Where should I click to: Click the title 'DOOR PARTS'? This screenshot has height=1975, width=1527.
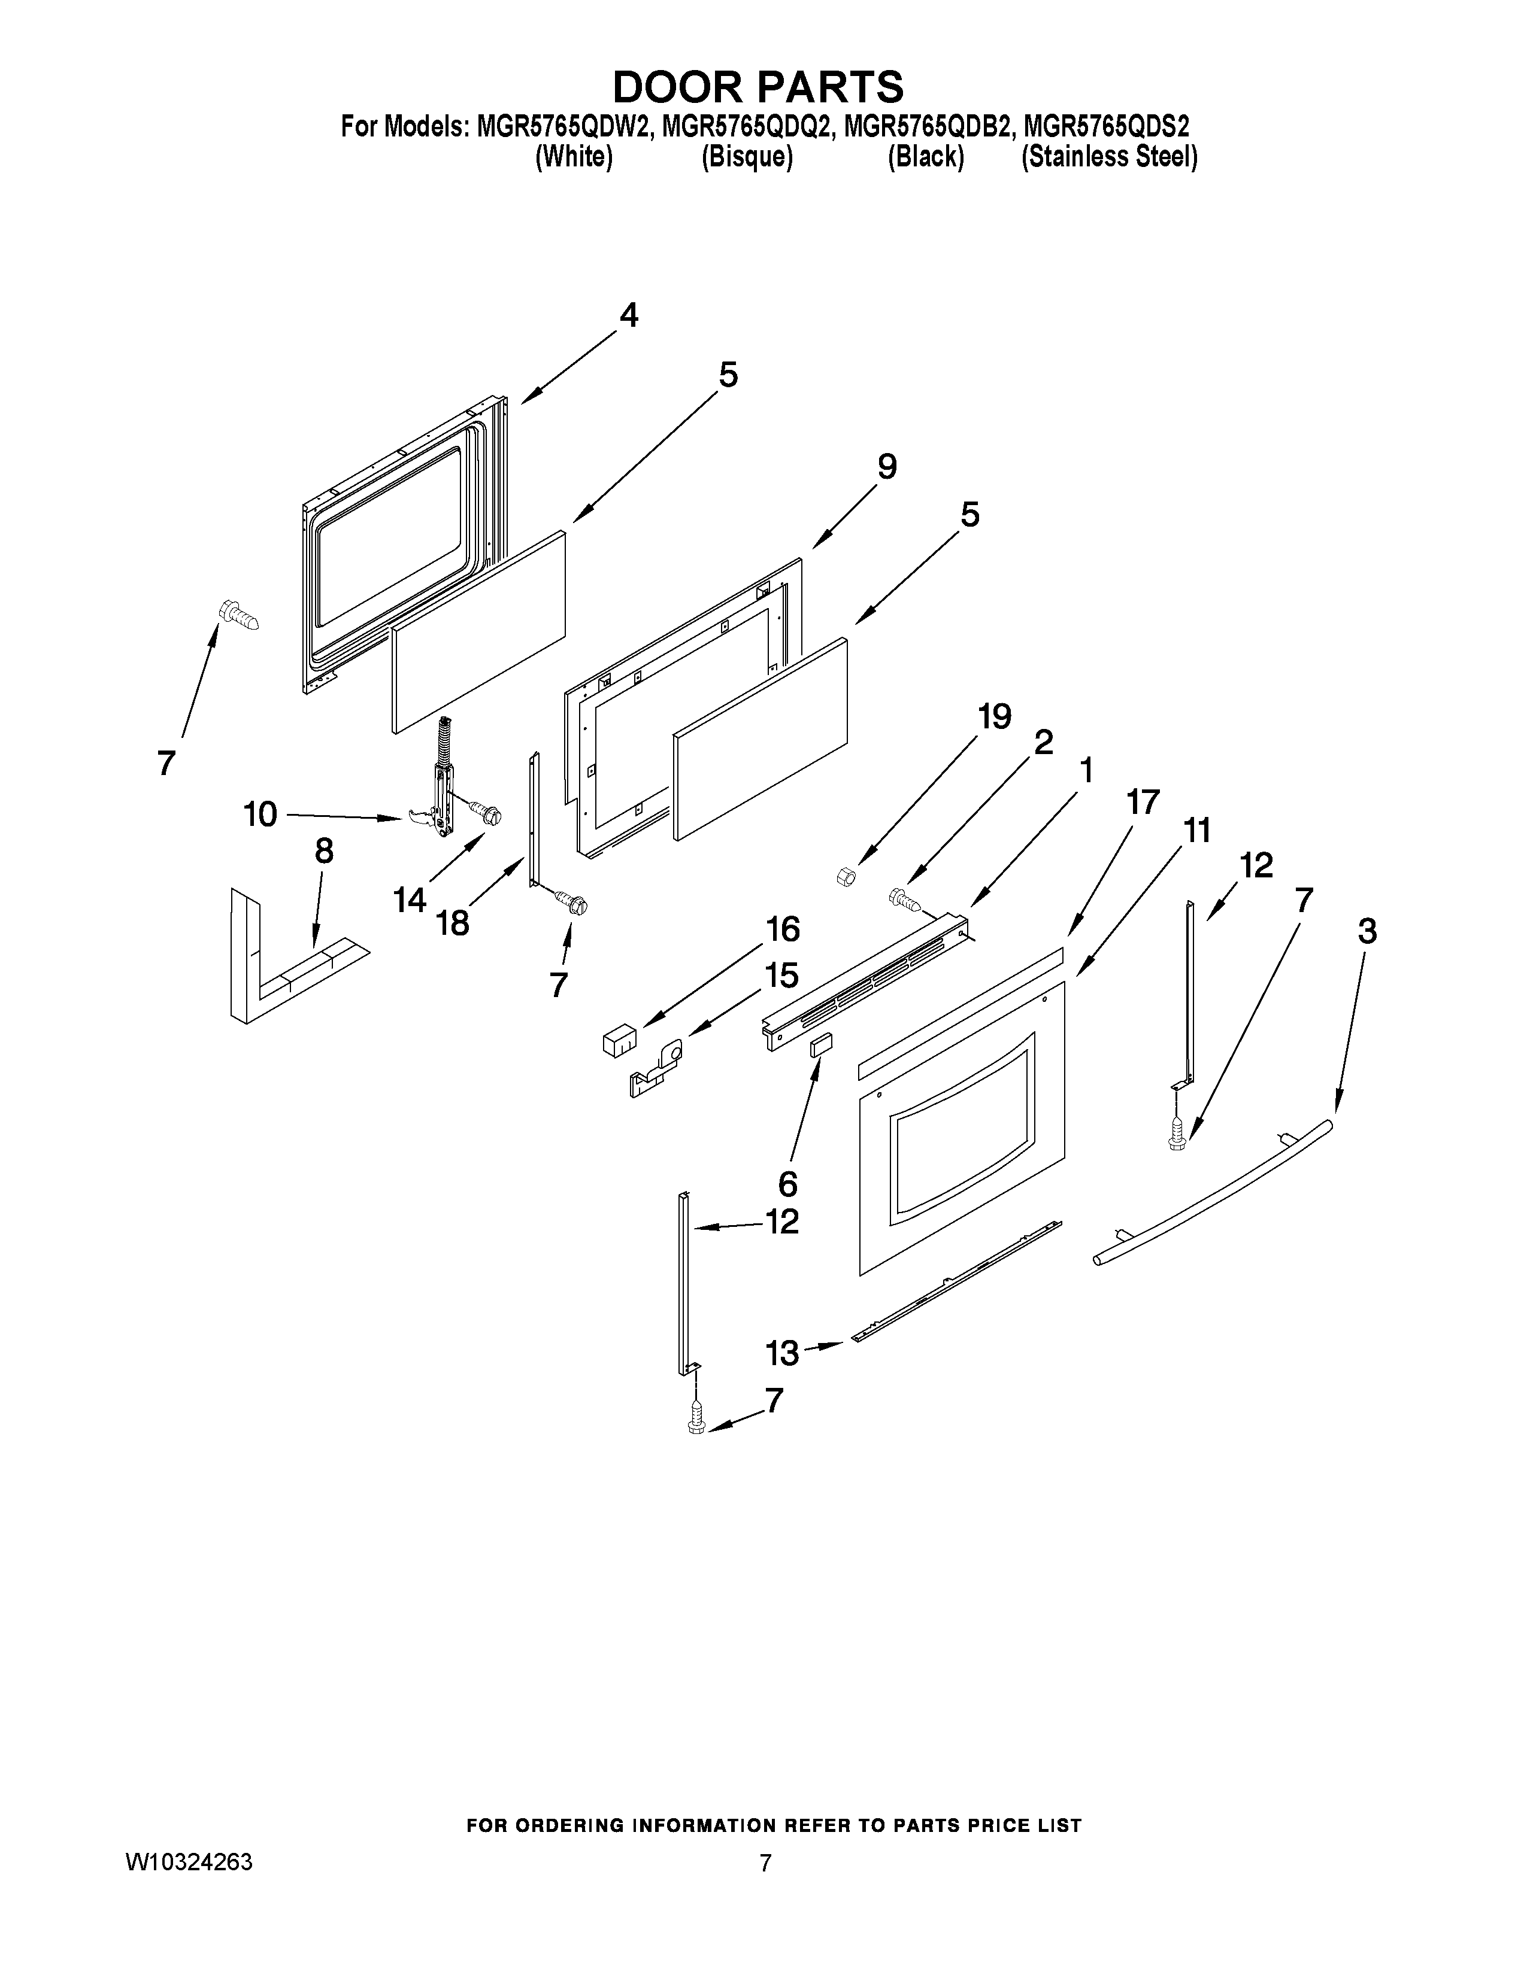pos(758,87)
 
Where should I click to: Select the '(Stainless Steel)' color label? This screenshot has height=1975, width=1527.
pos(1109,157)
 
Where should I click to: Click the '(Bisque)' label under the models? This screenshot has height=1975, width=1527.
pos(747,157)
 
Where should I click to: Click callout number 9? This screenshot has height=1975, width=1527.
pos(886,467)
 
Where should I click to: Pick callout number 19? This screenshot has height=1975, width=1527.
pos(994,716)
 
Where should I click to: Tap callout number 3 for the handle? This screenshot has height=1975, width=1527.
pos(1367,931)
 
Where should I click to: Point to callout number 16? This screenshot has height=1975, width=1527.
pos(783,929)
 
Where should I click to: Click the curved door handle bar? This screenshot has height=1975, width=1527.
pos(1212,1194)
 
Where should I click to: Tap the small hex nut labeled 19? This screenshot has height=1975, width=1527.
pos(846,876)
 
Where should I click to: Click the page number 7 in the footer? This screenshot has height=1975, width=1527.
pos(765,1862)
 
